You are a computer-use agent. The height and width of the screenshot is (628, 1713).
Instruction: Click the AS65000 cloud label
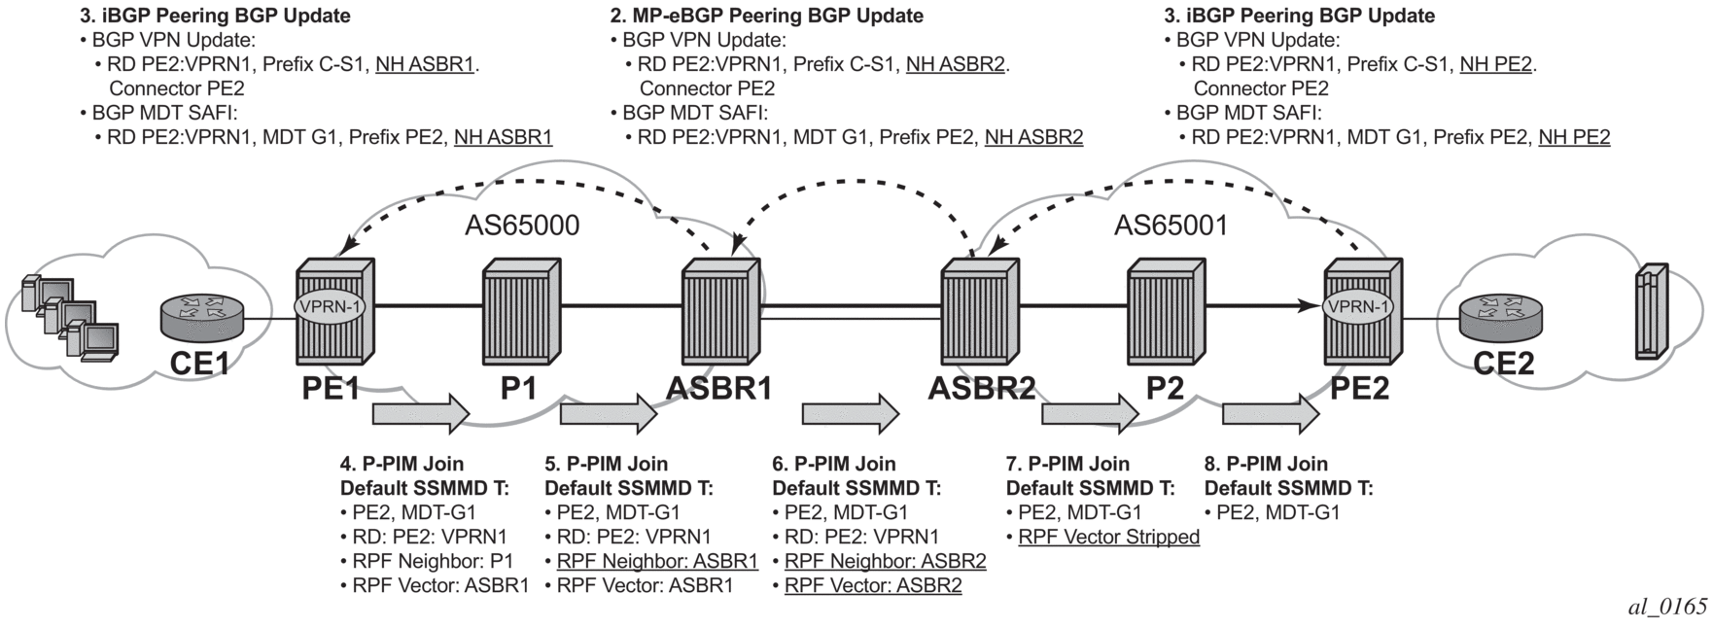pyautogui.click(x=522, y=226)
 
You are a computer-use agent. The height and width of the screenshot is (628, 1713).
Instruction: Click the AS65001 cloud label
pyautogui.click(x=1171, y=226)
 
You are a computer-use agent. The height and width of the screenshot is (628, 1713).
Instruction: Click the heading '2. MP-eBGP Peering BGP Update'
pyautogui.click(x=766, y=16)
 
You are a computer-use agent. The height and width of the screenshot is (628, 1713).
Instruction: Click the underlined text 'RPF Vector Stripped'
pyautogui.click(x=1108, y=537)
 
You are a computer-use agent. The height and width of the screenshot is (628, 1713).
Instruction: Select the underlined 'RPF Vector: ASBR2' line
pyautogui.click(x=873, y=585)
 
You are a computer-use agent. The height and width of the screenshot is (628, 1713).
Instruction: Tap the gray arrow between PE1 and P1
pyautogui.click(x=421, y=414)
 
